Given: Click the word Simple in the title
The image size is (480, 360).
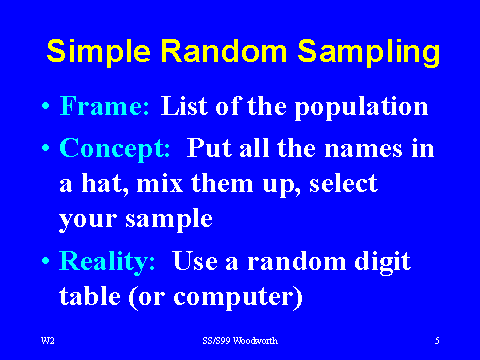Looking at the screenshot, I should coord(96,52).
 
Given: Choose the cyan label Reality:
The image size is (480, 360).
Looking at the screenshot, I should coord(108,262).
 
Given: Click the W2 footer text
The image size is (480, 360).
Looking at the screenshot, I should coord(46,341).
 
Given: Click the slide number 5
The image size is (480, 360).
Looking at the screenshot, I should coord(437,341).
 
